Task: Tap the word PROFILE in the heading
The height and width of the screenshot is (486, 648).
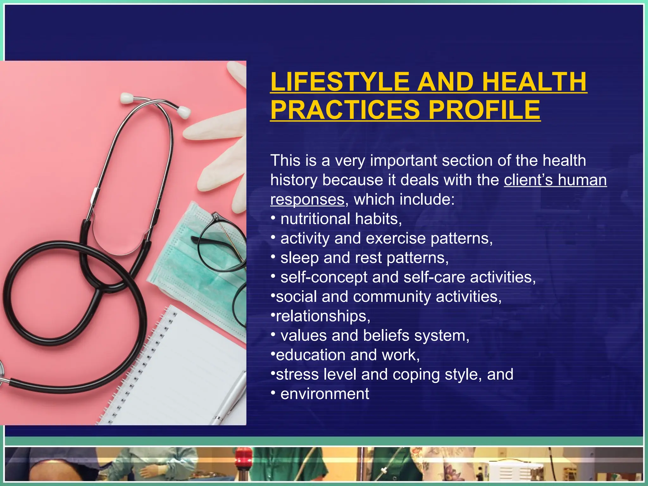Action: coord(484,109)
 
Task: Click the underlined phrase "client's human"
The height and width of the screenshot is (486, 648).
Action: coord(555,180)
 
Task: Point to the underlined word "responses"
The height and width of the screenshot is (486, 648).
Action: coord(307,200)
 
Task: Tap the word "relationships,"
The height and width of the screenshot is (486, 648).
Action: coord(323,316)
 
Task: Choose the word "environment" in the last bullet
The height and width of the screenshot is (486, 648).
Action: coord(325,394)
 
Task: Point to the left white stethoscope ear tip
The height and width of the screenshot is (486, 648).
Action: coord(127,97)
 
